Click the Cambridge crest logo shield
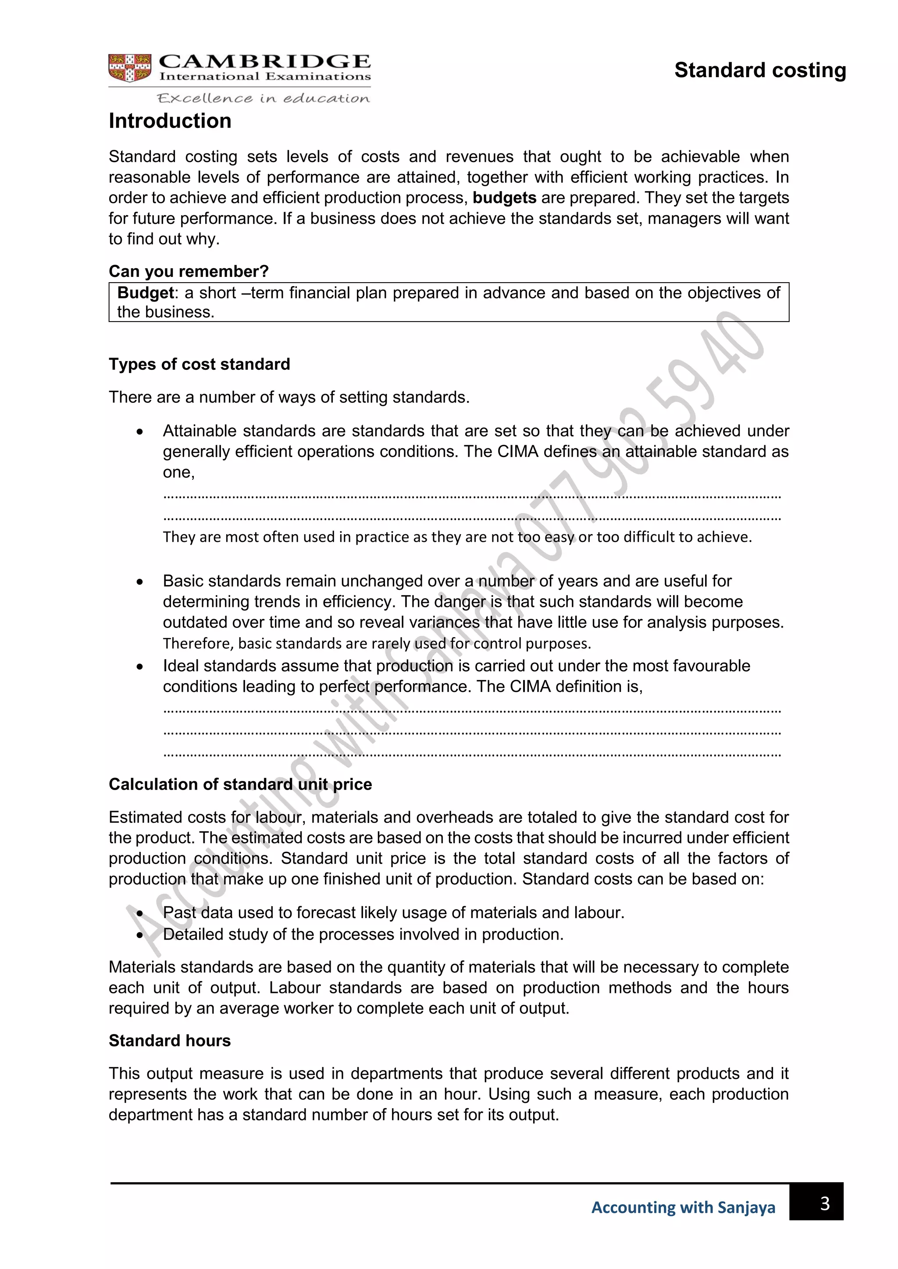click(129, 68)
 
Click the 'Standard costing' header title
click(760, 71)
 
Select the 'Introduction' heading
click(170, 121)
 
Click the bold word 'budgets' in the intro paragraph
click(504, 198)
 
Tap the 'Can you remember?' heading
click(189, 271)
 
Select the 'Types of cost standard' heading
click(199, 364)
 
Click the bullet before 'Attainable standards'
click(140, 432)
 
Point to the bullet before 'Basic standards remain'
click(140, 582)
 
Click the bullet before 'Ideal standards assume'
click(140, 666)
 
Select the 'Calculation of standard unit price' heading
click(240, 784)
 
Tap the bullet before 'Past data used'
click(140, 913)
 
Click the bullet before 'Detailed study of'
click(140, 935)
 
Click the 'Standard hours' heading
click(169, 1041)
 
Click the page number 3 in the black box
click(824, 1203)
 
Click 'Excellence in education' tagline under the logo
click(263, 99)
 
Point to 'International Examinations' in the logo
click(265, 77)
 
